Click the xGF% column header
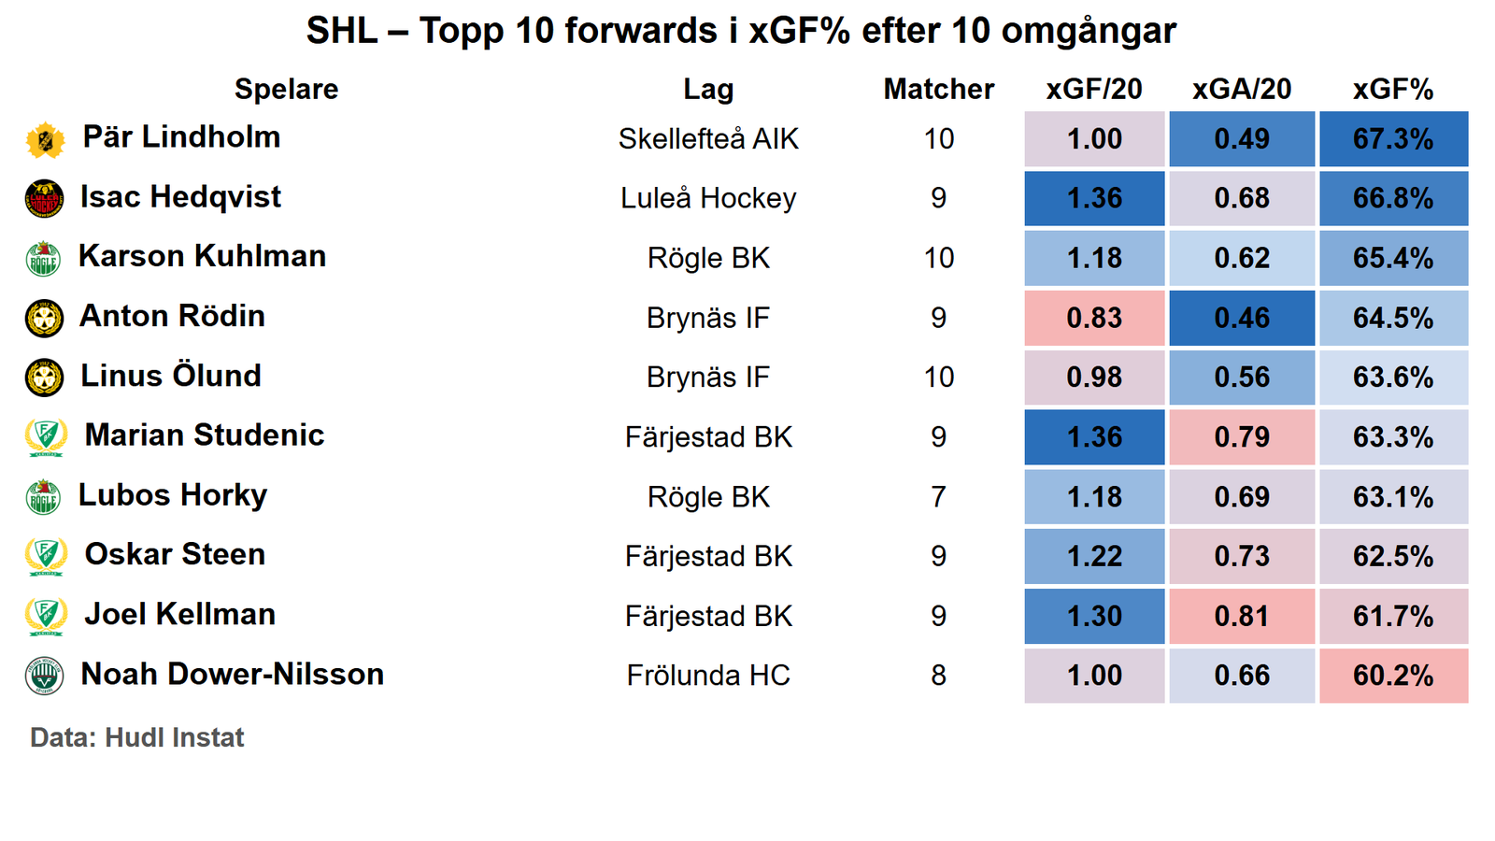pyautogui.click(x=1392, y=89)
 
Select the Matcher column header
pyautogui.click(x=938, y=89)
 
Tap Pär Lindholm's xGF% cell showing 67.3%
pyautogui.click(x=1392, y=139)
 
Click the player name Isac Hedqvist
pyautogui.click(x=180, y=197)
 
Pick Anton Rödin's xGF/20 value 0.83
pyautogui.click(x=1094, y=318)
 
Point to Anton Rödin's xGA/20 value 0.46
pyautogui.click(x=1241, y=318)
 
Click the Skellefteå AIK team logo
pyautogui.click(x=45, y=140)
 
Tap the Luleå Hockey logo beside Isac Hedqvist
pyautogui.click(x=44, y=199)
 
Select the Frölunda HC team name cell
pyautogui.click(x=708, y=676)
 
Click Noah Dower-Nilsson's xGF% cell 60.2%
pyautogui.click(x=1392, y=676)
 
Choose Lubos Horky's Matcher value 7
pyautogui.click(x=938, y=497)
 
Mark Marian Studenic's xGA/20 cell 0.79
pyautogui.click(x=1241, y=437)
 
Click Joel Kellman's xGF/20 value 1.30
pyautogui.click(x=1094, y=617)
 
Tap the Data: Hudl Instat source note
pyautogui.click(x=136, y=737)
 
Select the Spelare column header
pyautogui.click(x=286, y=89)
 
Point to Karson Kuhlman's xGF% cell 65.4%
pyautogui.click(x=1392, y=258)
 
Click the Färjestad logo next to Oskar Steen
pyautogui.click(x=45, y=557)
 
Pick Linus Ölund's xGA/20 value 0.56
pyautogui.click(x=1241, y=378)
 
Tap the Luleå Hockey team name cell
pyautogui.click(x=708, y=199)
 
